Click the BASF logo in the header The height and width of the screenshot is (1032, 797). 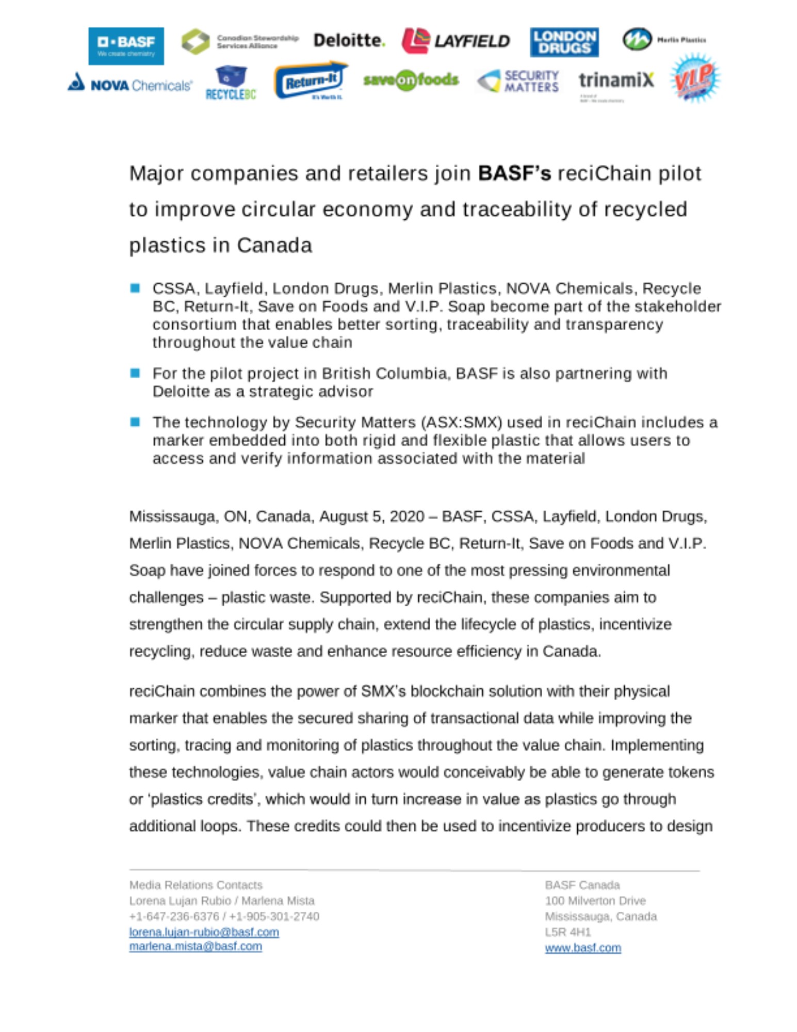click(x=126, y=46)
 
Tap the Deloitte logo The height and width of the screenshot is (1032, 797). click(x=349, y=41)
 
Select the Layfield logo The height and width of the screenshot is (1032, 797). click(x=456, y=41)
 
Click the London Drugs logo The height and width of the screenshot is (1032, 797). click(x=564, y=42)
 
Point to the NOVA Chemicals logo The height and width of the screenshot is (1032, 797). click(x=130, y=84)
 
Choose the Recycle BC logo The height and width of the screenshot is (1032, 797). click(x=231, y=83)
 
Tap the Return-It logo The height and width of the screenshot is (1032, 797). click(x=311, y=81)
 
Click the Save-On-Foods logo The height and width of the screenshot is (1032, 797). click(x=411, y=80)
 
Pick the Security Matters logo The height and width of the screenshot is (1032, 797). click(x=518, y=81)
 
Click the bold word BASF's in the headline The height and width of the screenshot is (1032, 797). click(x=514, y=173)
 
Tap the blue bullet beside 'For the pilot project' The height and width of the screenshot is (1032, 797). click(x=135, y=373)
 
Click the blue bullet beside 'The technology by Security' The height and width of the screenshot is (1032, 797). click(x=135, y=422)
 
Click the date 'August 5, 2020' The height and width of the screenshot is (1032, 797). click(x=371, y=516)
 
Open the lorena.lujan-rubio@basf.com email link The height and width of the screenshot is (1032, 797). click(x=204, y=932)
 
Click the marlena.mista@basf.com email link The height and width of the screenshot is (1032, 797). click(x=196, y=946)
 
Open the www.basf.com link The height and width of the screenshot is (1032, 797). click(x=583, y=948)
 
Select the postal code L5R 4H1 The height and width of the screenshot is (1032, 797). click(x=567, y=932)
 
